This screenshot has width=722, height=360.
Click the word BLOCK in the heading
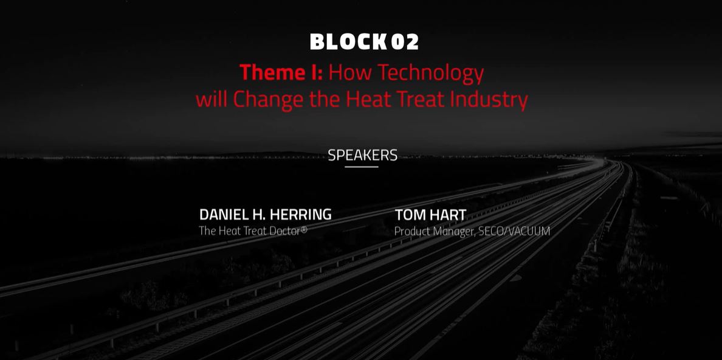click(x=348, y=41)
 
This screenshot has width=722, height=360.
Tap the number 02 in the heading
click(x=405, y=41)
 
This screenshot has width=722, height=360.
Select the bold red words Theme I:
click(x=281, y=72)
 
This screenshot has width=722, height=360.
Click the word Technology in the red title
click(x=430, y=74)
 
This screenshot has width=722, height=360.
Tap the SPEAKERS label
click(x=362, y=155)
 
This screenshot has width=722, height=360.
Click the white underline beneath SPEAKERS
click(x=362, y=167)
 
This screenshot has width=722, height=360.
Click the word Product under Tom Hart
click(x=411, y=231)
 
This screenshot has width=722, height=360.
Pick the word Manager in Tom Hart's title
click(x=453, y=232)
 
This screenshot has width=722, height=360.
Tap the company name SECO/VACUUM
click(x=514, y=231)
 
